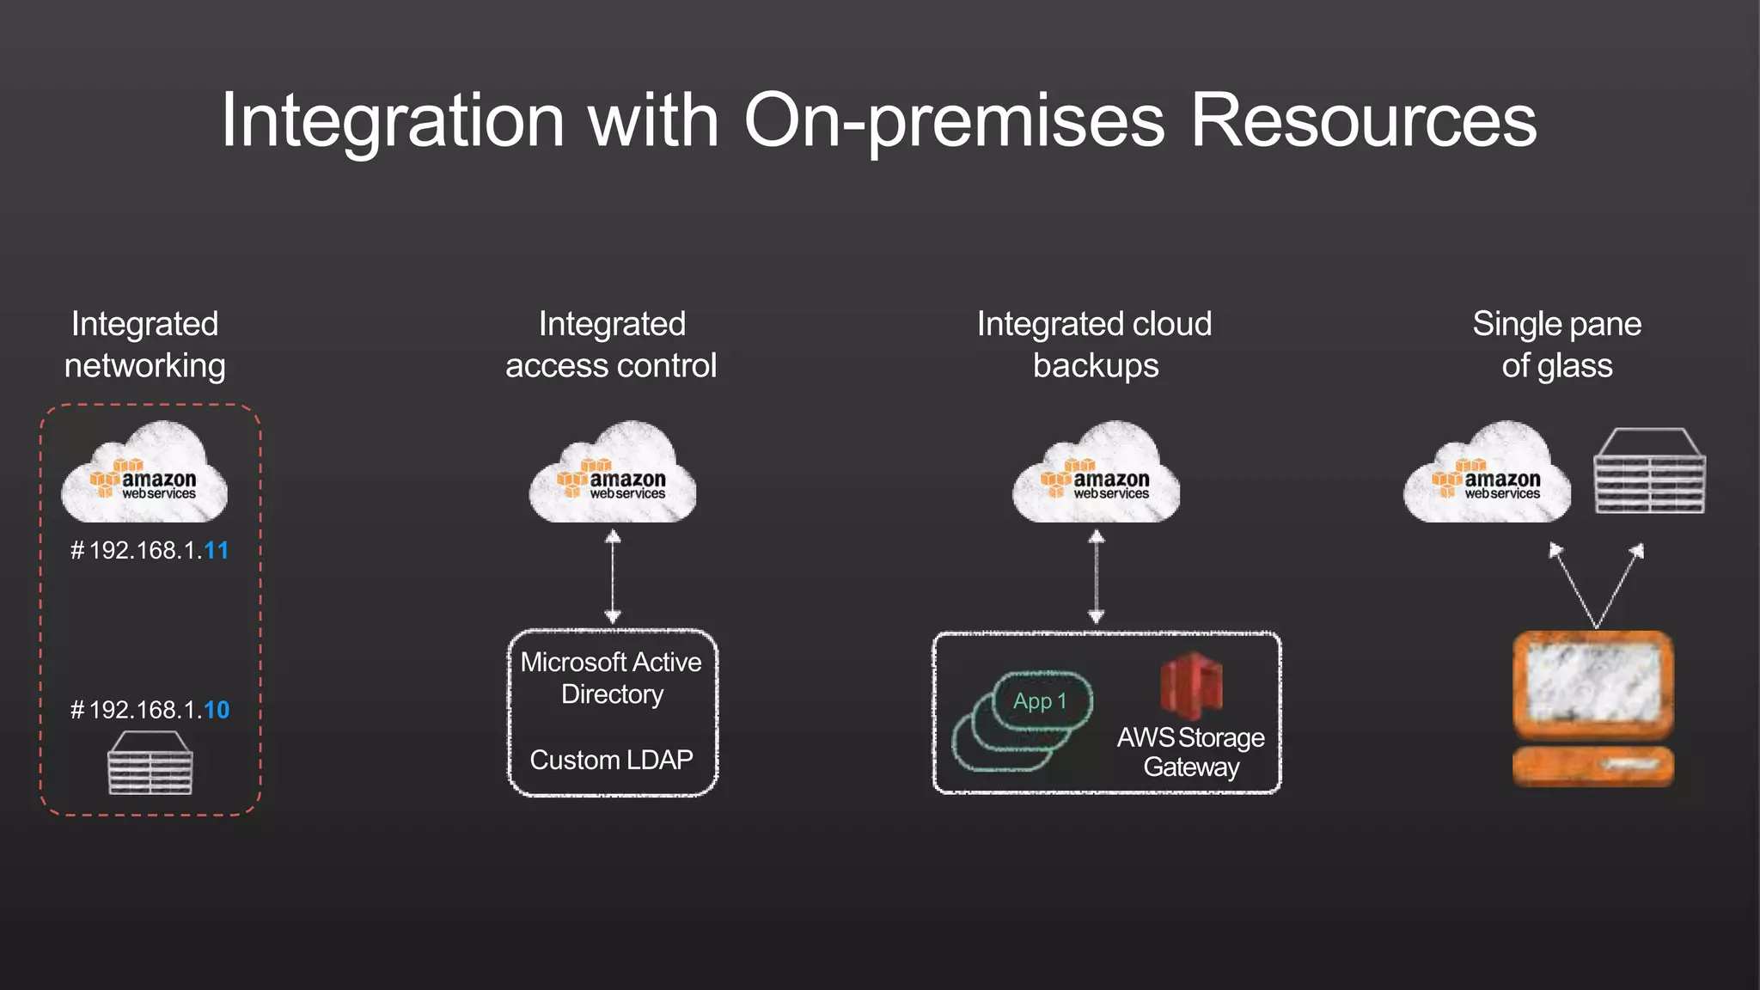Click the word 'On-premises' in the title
click(954, 122)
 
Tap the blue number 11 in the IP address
click(217, 551)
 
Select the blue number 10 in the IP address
click(217, 711)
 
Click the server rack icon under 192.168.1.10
click(150, 763)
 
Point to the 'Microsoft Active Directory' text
click(611, 678)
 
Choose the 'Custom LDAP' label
click(611, 761)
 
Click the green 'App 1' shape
click(1041, 702)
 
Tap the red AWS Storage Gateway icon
click(1191, 686)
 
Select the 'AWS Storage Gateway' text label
click(1191, 752)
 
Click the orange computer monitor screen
click(1593, 684)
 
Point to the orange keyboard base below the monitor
click(1593, 766)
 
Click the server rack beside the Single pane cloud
click(1649, 472)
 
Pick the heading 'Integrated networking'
click(145, 345)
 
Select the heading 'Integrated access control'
click(611, 345)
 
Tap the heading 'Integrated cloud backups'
click(1095, 345)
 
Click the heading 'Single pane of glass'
click(1556, 345)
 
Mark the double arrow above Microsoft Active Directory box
click(613, 577)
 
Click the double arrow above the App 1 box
click(1097, 577)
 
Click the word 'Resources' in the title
click(1363, 122)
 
